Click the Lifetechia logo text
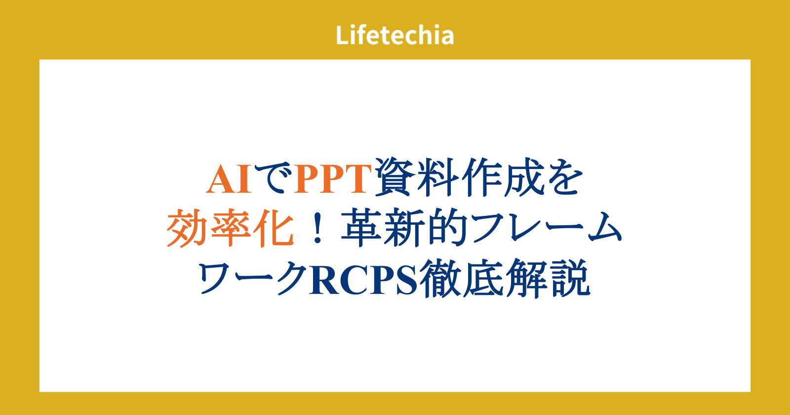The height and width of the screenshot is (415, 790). pos(395,35)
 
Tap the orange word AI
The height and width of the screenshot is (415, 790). pos(229,179)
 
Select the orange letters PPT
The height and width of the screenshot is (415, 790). pos(333,179)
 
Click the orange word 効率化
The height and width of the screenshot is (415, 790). pos(230,228)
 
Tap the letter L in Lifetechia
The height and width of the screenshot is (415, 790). pos(342,35)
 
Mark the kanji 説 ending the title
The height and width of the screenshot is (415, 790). pos(570,278)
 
